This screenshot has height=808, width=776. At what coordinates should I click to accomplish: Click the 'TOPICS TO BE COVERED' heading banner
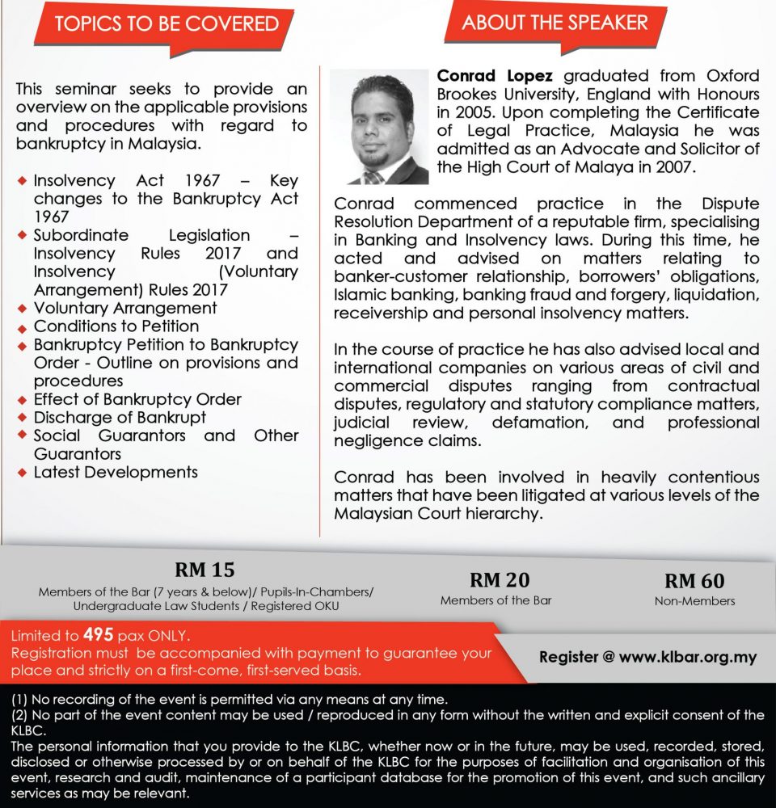click(x=167, y=23)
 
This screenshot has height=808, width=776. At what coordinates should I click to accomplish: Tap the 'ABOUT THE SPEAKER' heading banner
click(x=555, y=23)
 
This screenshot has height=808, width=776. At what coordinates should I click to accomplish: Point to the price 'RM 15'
click(x=205, y=570)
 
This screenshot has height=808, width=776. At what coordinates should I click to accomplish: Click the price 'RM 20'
click(x=496, y=579)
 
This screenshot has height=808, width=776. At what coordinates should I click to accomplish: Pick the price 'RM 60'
click(x=694, y=580)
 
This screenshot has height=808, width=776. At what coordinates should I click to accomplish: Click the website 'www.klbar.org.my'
click(x=688, y=657)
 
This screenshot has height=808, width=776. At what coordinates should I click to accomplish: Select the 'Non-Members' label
click(x=694, y=600)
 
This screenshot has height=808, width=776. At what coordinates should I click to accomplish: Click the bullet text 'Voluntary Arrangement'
click(x=125, y=308)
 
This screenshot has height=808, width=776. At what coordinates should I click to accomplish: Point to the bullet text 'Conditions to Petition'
click(x=116, y=326)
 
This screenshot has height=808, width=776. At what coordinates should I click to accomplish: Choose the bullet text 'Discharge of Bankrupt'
click(x=120, y=418)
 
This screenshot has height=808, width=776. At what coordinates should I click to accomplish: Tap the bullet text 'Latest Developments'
click(x=116, y=472)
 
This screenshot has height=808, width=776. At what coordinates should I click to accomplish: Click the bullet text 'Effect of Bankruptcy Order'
click(x=137, y=399)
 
